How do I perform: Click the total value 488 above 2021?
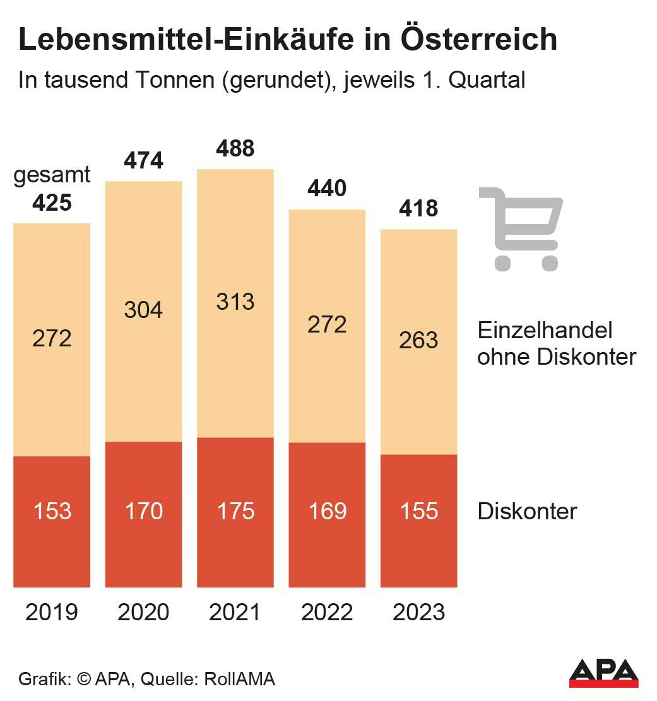pos(235,149)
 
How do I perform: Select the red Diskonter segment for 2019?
pos(52,543)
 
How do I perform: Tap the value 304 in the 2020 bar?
pos(144,310)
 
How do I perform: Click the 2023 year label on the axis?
pos(419,612)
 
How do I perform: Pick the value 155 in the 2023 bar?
pos(419,510)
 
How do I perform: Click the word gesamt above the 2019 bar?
pos(52,175)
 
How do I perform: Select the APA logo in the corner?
pos(603,674)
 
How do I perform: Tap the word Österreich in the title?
pos(479,40)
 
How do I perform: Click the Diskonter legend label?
pos(527,511)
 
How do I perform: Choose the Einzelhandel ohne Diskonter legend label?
pos(556,343)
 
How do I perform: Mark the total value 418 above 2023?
pos(419,208)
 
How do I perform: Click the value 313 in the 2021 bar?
pos(235,301)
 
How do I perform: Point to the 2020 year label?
pos(144,612)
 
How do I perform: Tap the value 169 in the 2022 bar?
pos(328,510)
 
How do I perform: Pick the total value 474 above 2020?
pos(144,161)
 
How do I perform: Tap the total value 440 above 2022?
pos(328,188)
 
